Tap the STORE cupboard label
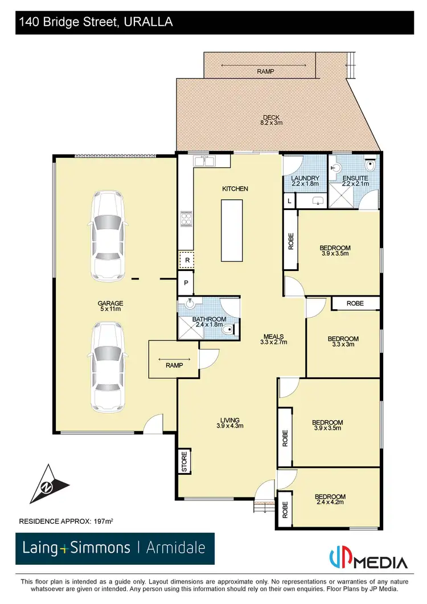(x=184, y=461)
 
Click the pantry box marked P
(x=186, y=283)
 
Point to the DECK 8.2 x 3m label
(x=272, y=120)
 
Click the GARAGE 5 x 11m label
(x=110, y=306)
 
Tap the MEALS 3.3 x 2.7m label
(x=273, y=339)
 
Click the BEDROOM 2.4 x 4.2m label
(x=331, y=499)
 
